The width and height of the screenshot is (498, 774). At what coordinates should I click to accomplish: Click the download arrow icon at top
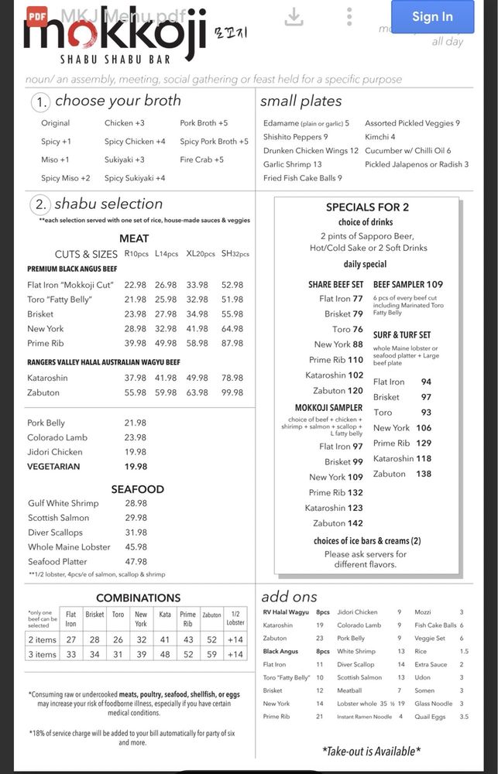[294, 17]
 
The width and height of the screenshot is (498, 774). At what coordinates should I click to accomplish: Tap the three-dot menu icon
[349, 16]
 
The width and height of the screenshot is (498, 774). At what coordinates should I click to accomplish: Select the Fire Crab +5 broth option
[201, 159]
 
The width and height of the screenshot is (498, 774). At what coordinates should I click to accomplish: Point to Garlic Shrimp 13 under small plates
[292, 164]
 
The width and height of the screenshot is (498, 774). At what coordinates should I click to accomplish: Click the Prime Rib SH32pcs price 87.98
[232, 343]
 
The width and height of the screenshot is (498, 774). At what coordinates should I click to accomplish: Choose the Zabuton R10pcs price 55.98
[135, 392]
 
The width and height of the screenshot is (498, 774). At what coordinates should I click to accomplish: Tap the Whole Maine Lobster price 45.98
[135, 546]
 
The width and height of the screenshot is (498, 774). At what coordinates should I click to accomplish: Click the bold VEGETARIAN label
[53, 467]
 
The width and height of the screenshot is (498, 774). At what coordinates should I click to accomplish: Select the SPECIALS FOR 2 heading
[367, 207]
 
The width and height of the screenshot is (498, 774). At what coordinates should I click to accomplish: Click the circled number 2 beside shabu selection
[40, 205]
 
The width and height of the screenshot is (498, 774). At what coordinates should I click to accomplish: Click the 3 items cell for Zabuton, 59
[211, 654]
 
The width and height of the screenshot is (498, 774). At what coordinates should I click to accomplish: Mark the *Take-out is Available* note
[371, 751]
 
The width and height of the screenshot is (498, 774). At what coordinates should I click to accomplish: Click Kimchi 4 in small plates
[380, 137]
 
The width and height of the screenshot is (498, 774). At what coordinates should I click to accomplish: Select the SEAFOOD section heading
[137, 489]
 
